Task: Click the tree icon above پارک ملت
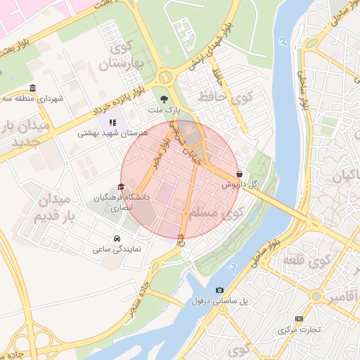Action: click(x=164, y=99)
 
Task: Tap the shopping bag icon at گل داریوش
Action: click(x=240, y=173)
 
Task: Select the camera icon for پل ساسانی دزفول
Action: click(x=220, y=290)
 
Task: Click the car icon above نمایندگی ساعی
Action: click(x=117, y=238)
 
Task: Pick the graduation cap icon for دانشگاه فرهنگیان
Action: click(x=122, y=188)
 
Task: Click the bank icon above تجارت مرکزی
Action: click(x=299, y=319)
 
